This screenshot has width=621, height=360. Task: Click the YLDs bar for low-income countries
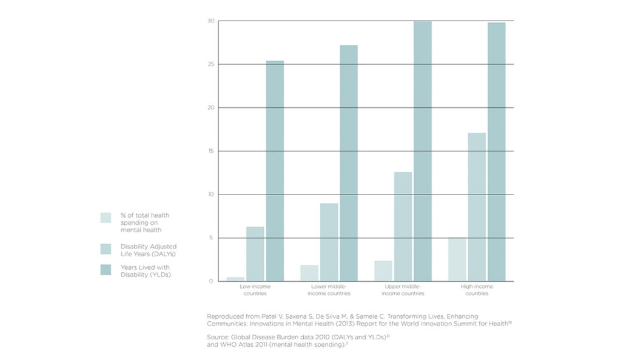pos(275,171)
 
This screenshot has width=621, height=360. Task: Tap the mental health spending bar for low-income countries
pos(236,279)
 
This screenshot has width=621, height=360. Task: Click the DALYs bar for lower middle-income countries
pos(329,242)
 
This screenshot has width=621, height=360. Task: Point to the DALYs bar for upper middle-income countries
pos(403,226)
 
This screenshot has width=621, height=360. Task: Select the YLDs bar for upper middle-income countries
pos(423,151)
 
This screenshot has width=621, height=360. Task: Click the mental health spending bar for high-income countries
pos(458,259)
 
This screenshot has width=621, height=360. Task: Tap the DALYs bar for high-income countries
pos(477,207)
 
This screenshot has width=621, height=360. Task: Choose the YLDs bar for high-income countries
pos(497,152)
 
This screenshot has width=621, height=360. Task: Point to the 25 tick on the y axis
pos(211,64)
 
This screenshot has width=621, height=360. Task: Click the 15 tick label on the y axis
pos(211,151)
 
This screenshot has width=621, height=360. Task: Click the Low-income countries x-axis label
pos(255,289)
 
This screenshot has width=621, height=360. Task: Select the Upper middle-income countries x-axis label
pos(403,289)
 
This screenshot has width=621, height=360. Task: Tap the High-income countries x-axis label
pos(477,289)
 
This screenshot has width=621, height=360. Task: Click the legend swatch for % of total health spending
pos(106,218)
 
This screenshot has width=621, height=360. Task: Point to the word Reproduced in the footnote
pos(224,316)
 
